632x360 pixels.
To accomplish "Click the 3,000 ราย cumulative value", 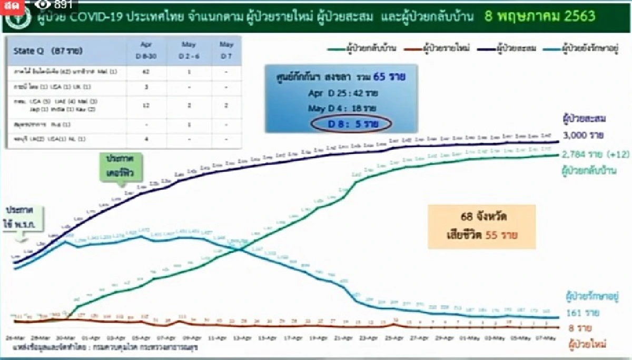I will click(x=582, y=136).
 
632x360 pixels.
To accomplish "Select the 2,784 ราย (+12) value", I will click(x=590, y=155).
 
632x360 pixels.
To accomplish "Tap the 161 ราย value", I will click(x=582, y=314).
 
